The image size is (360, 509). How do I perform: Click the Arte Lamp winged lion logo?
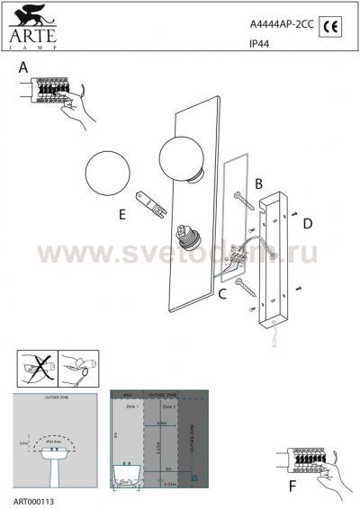point(31,19)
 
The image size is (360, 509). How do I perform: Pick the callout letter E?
point(121,214)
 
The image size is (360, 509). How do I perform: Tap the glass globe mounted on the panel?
point(183,153)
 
